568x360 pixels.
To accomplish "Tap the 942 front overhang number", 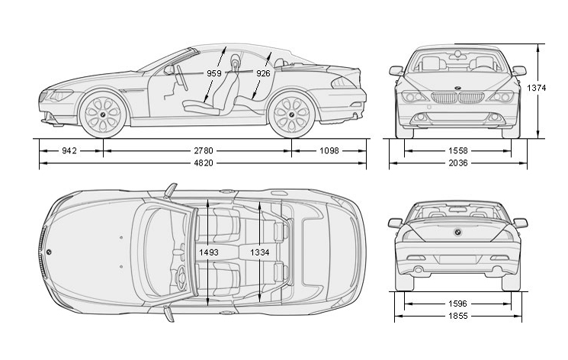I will [69, 151].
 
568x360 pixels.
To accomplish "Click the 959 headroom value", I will [215, 74].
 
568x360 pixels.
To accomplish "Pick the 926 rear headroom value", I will [263, 74].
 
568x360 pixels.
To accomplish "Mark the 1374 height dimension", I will [537, 88].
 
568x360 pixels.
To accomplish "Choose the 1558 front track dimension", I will [457, 151].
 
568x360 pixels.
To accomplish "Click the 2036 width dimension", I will [457, 163].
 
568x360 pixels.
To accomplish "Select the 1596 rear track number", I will [457, 304].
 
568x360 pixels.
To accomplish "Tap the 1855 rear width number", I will [457, 316].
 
